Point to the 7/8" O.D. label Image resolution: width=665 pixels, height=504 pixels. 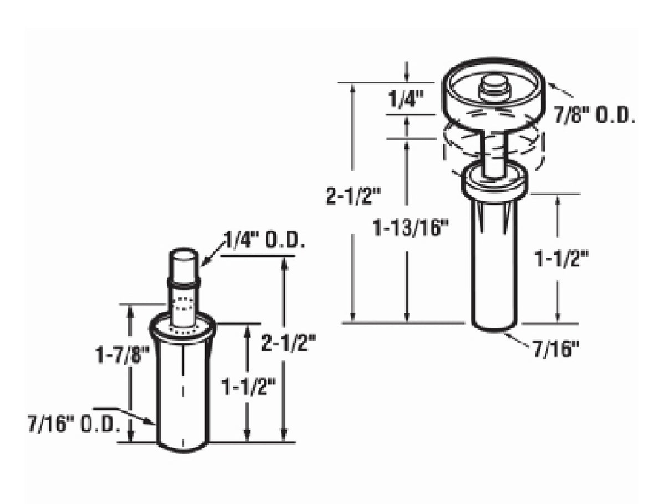point(594,115)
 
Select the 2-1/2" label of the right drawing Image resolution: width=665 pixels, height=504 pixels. point(353,196)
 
